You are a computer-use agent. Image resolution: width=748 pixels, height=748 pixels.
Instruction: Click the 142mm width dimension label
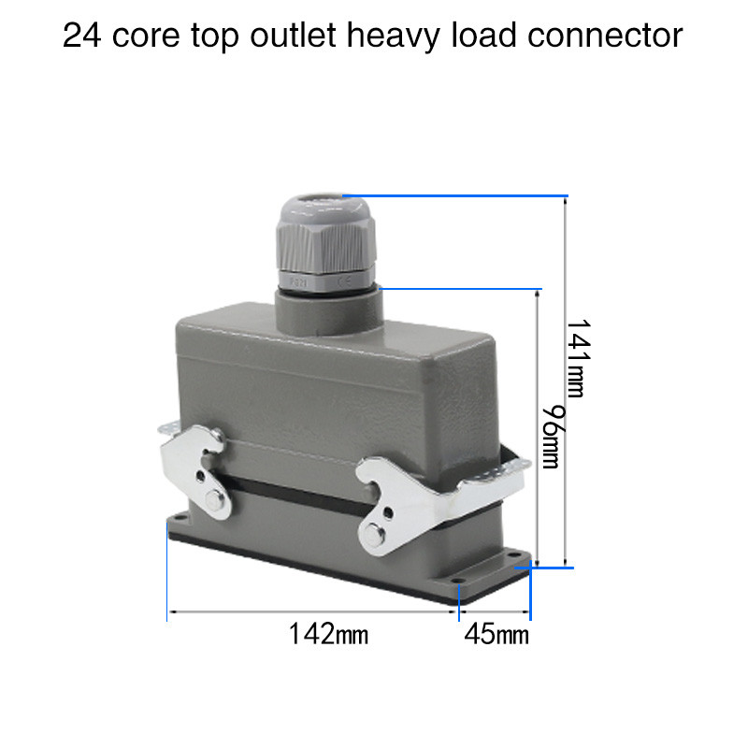tap(328, 634)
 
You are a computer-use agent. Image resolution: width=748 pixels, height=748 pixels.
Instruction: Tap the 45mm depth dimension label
tap(496, 635)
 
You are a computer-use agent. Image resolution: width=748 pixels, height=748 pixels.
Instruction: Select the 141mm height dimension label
tap(578, 358)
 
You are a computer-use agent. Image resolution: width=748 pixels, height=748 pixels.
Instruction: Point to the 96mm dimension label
tap(554, 437)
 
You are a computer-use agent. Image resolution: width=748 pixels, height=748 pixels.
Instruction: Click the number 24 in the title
tap(81, 36)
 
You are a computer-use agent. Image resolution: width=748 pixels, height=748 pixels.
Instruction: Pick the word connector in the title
tap(605, 36)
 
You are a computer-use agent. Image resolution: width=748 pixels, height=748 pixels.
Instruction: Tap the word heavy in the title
tap(393, 37)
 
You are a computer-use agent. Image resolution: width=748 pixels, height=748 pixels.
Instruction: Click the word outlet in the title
tap(294, 36)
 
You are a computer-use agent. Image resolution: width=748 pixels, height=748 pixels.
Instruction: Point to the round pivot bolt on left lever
tap(215, 499)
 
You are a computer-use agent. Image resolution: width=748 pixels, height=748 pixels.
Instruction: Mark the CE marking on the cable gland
tap(343, 281)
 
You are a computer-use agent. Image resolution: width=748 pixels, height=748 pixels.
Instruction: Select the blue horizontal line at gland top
tap(455, 195)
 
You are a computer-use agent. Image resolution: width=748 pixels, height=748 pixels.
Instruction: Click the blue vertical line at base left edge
tap(167, 571)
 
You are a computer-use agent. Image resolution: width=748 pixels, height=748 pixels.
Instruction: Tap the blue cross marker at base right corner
tap(530, 568)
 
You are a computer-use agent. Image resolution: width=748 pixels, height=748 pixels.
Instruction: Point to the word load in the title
tap(483, 36)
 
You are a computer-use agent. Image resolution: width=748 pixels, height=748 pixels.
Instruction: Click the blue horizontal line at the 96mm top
tap(460, 289)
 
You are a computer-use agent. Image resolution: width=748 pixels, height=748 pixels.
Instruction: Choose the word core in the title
tap(146, 36)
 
